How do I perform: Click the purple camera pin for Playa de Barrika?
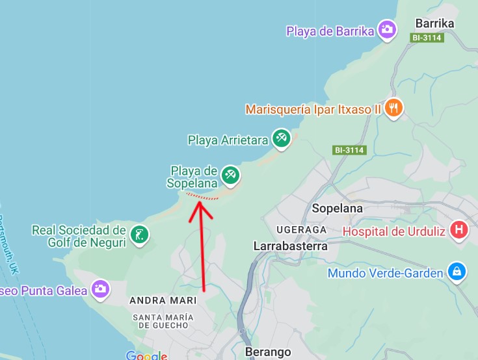pyautogui.click(x=388, y=30)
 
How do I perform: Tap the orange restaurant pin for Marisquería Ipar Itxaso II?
pyautogui.click(x=393, y=109)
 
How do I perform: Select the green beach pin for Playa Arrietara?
pyautogui.click(x=281, y=138)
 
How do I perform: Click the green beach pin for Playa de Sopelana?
pyautogui.click(x=230, y=174)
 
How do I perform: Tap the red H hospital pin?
pyautogui.click(x=459, y=229)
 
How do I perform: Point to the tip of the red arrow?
pyautogui.click(x=198, y=203)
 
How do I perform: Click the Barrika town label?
pyautogui.click(x=434, y=23)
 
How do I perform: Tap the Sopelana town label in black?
pyautogui.click(x=337, y=209)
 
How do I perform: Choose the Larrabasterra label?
pyautogui.click(x=290, y=246)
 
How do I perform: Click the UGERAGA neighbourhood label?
pyautogui.click(x=300, y=230)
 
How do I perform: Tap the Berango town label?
pyautogui.click(x=267, y=352)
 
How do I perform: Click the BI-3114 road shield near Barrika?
pyautogui.click(x=427, y=38)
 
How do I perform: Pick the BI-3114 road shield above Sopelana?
pyautogui.click(x=349, y=150)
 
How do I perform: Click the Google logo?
pyautogui.click(x=146, y=355)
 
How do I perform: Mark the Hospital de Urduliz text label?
pyautogui.click(x=393, y=231)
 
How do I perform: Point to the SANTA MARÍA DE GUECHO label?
pyautogui.click(x=162, y=320)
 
